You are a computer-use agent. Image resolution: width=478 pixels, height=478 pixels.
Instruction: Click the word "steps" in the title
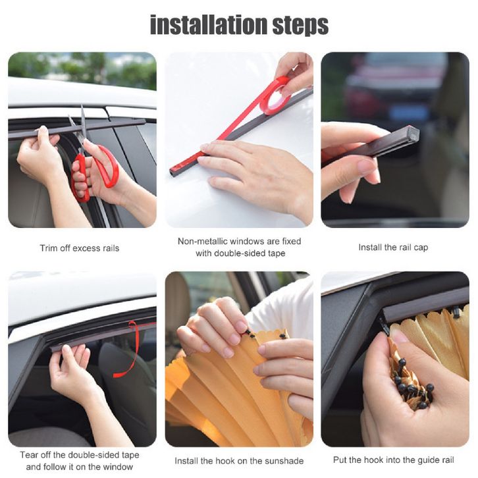pos(301,26)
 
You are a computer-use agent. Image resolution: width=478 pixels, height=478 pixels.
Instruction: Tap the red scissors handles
pos(94,173)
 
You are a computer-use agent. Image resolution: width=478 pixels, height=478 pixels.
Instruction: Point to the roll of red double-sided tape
pos(276,95)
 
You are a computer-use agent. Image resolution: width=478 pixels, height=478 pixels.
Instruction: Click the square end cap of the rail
pos(413,134)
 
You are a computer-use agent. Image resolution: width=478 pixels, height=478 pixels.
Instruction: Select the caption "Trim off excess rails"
pos(80,248)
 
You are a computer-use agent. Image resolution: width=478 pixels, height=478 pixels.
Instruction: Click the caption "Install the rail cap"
pos(393,248)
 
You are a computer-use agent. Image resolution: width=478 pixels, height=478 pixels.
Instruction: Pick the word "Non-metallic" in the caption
pos(202,241)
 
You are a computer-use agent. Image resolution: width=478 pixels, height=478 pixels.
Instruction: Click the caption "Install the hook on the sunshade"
pos(239,461)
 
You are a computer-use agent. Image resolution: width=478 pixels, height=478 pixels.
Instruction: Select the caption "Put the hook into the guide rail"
pos(394,460)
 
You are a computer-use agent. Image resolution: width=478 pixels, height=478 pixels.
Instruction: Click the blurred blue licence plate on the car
pos(408,112)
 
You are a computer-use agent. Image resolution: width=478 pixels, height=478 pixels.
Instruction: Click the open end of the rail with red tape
pos(173,173)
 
